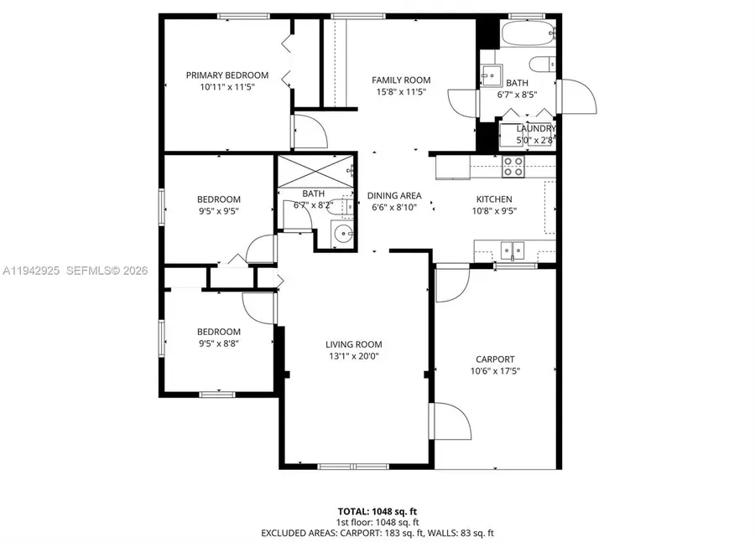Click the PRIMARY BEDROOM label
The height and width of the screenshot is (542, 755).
tap(227, 75)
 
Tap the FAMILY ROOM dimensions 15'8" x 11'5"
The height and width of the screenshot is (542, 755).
tap(401, 91)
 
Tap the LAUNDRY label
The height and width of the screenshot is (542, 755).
tap(534, 128)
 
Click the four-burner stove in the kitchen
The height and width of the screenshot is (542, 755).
tap(513, 167)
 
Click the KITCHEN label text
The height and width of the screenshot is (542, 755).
tap(494, 199)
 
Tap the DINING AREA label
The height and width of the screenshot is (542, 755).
tap(394, 196)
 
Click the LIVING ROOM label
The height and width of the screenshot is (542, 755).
tap(354, 344)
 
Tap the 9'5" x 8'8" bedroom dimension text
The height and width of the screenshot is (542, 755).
tap(218, 343)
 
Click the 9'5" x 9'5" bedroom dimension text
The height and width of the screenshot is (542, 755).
tap(218, 211)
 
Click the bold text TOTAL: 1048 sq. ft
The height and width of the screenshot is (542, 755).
tap(377, 510)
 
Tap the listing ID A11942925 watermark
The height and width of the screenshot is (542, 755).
tap(32, 271)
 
